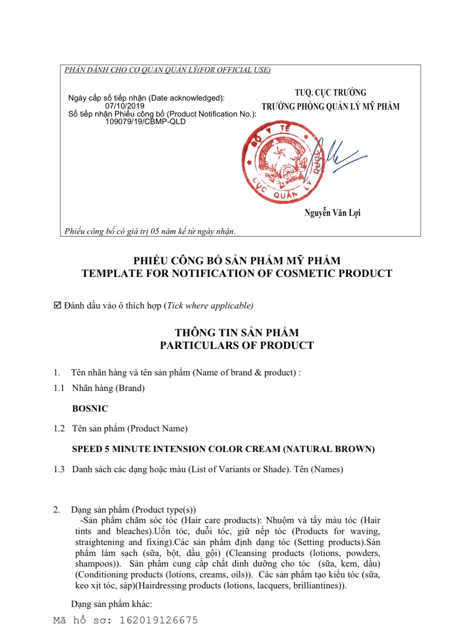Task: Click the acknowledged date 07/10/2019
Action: [x=125, y=106]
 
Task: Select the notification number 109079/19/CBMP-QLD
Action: [x=145, y=122]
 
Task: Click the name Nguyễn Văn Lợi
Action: [x=333, y=213]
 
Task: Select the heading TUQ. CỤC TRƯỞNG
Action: [x=330, y=93]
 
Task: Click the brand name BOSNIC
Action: [x=90, y=409]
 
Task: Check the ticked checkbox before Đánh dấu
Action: [x=58, y=305]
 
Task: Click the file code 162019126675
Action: [x=158, y=620]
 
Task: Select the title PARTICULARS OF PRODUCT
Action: [x=237, y=346]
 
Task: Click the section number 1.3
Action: [x=59, y=469]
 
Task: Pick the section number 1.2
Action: [x=59, y=428]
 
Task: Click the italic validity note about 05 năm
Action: [x=150, y=231]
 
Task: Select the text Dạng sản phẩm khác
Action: [x=111, y=604]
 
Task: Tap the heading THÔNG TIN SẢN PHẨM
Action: [x=237, y=333]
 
